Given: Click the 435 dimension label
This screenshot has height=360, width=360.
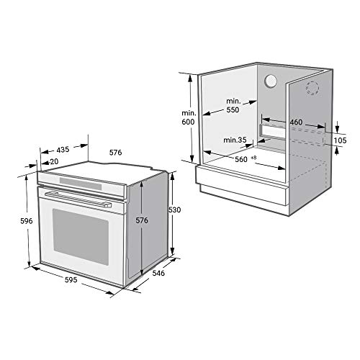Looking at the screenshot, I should [63, 150].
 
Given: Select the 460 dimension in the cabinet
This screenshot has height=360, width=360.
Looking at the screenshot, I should [295, 122].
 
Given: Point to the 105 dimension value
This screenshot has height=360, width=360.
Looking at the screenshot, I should [342, 138].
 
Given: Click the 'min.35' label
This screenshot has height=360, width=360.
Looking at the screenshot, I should [235, 139].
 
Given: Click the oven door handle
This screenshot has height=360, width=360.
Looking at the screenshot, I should [80, 197].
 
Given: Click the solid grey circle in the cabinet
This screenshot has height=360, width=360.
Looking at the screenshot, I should [271, 82].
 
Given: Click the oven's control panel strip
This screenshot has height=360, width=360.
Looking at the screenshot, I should [83, 182].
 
